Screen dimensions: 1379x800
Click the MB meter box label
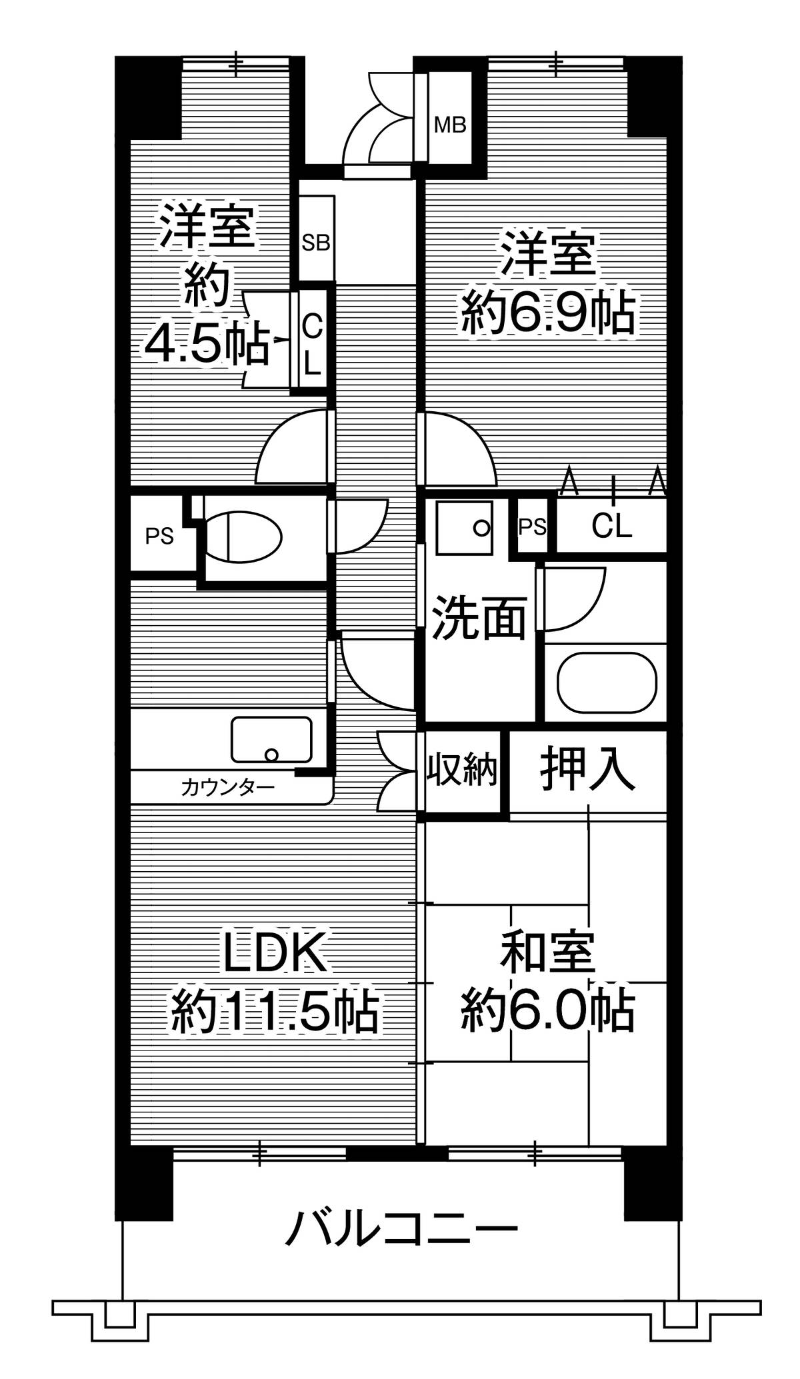click(450, 124)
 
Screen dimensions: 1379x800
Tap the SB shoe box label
click(315, 242)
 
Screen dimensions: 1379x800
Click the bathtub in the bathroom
click(607, 683)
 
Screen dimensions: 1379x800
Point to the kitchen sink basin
click(271, 740)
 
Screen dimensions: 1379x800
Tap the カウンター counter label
click(228, 788)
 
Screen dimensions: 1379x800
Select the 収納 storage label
click(463, 771)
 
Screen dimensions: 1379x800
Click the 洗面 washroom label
click(479, 618)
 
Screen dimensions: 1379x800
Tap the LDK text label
click(275, 954)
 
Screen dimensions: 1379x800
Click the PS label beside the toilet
click(160, 536)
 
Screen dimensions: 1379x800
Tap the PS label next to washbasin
click(533, 527)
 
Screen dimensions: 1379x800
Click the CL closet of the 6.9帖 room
click(611, 527)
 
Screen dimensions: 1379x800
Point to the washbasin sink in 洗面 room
click(465, 527)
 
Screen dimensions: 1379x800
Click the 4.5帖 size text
click(207, 343)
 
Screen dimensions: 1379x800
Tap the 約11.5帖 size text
click(275, 1013)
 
